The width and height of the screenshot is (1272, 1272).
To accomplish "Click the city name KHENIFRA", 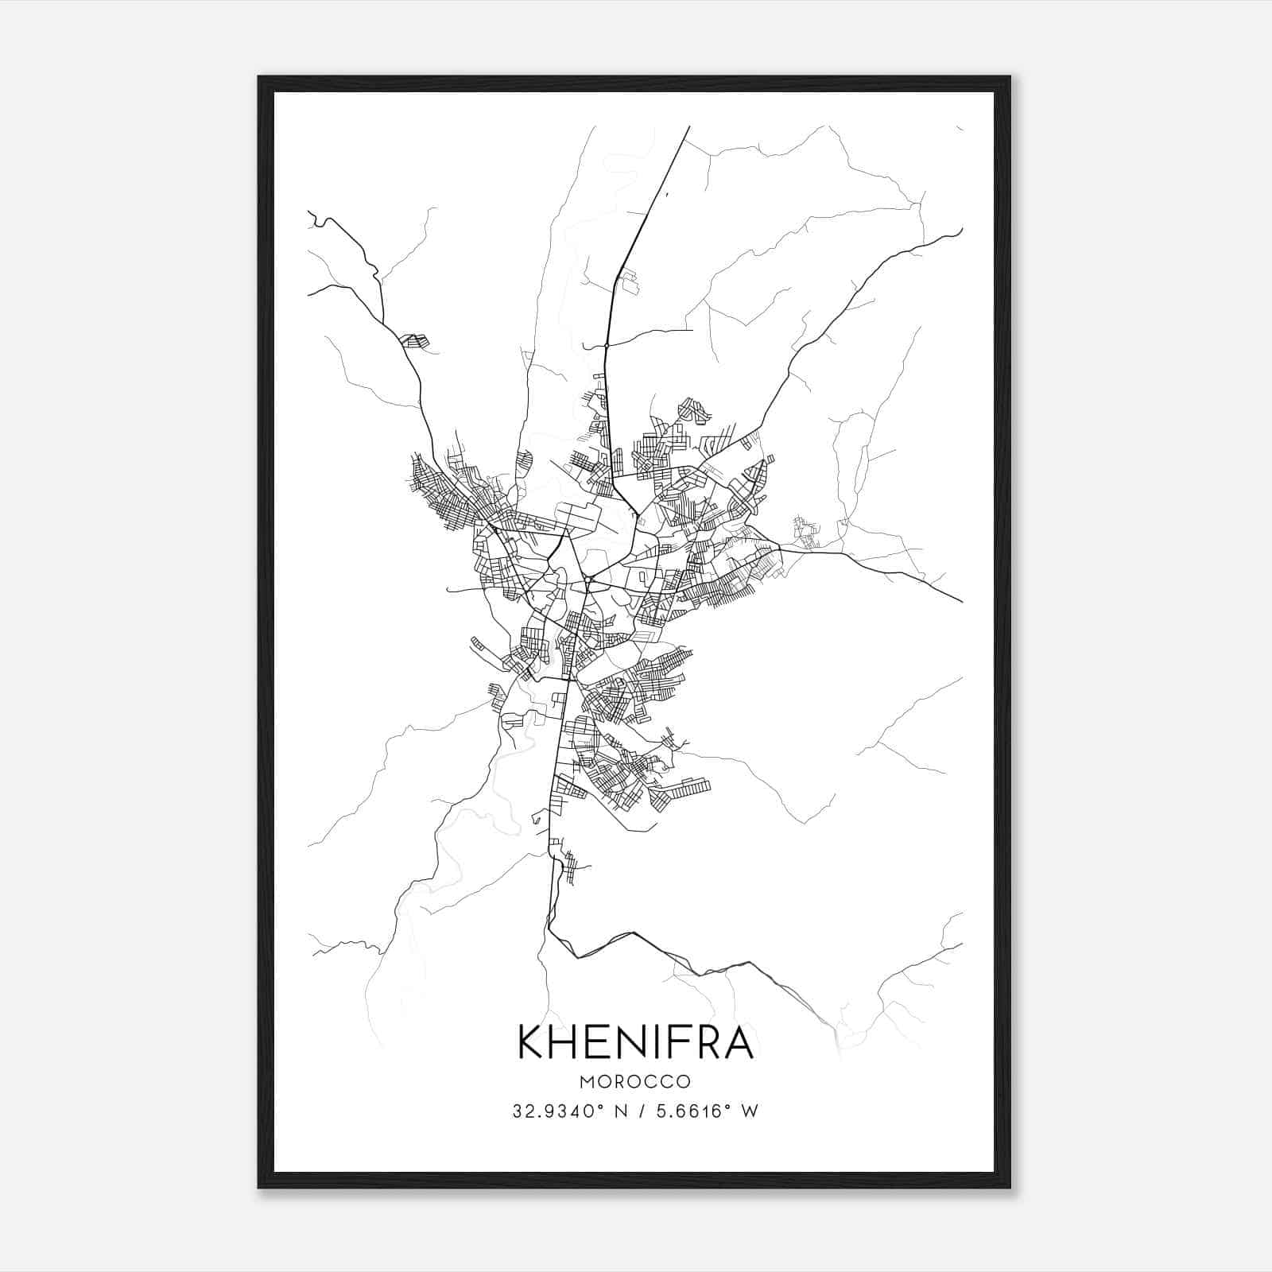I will [635, 1041].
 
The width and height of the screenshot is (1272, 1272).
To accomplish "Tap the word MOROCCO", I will [635, 1082].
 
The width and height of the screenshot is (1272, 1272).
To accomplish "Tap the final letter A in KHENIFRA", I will [739, 1041].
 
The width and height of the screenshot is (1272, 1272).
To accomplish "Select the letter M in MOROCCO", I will [588, 1082].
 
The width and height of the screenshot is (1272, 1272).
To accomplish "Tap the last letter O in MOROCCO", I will [684, 1082].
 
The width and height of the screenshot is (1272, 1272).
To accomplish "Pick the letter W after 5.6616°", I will [750, 1111].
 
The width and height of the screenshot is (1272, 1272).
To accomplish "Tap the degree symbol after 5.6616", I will [727, 1106].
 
